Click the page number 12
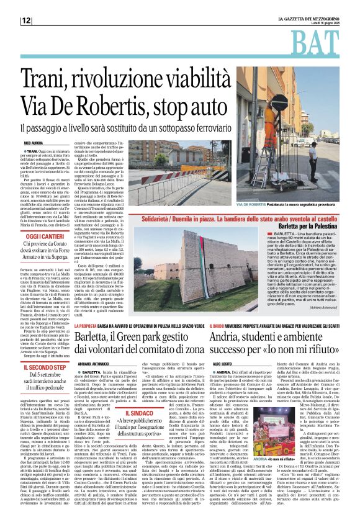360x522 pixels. click(27, 20)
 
